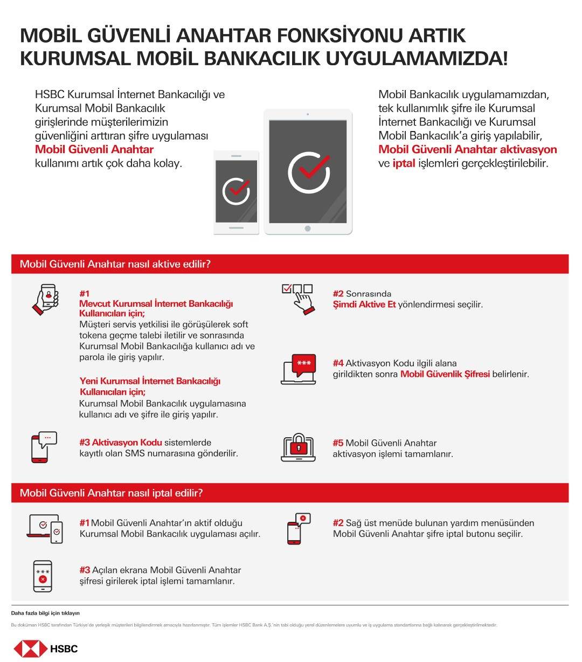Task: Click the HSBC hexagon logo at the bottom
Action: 31,648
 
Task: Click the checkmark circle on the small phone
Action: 236,191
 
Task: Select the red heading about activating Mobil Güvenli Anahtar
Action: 115,264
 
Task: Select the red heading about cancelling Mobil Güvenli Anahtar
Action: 111,493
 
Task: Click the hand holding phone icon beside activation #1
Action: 45,299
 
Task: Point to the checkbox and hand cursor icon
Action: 298,298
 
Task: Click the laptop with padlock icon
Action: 298,447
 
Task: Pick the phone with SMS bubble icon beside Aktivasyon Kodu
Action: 44,447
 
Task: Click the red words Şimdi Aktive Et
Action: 364,305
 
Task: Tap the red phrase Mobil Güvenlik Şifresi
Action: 445,374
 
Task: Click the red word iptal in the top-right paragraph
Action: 404,163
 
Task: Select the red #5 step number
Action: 338,443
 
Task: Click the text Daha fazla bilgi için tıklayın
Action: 45,613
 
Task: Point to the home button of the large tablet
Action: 308,229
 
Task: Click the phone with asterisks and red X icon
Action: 43,576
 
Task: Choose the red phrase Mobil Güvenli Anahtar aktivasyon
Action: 467,149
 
